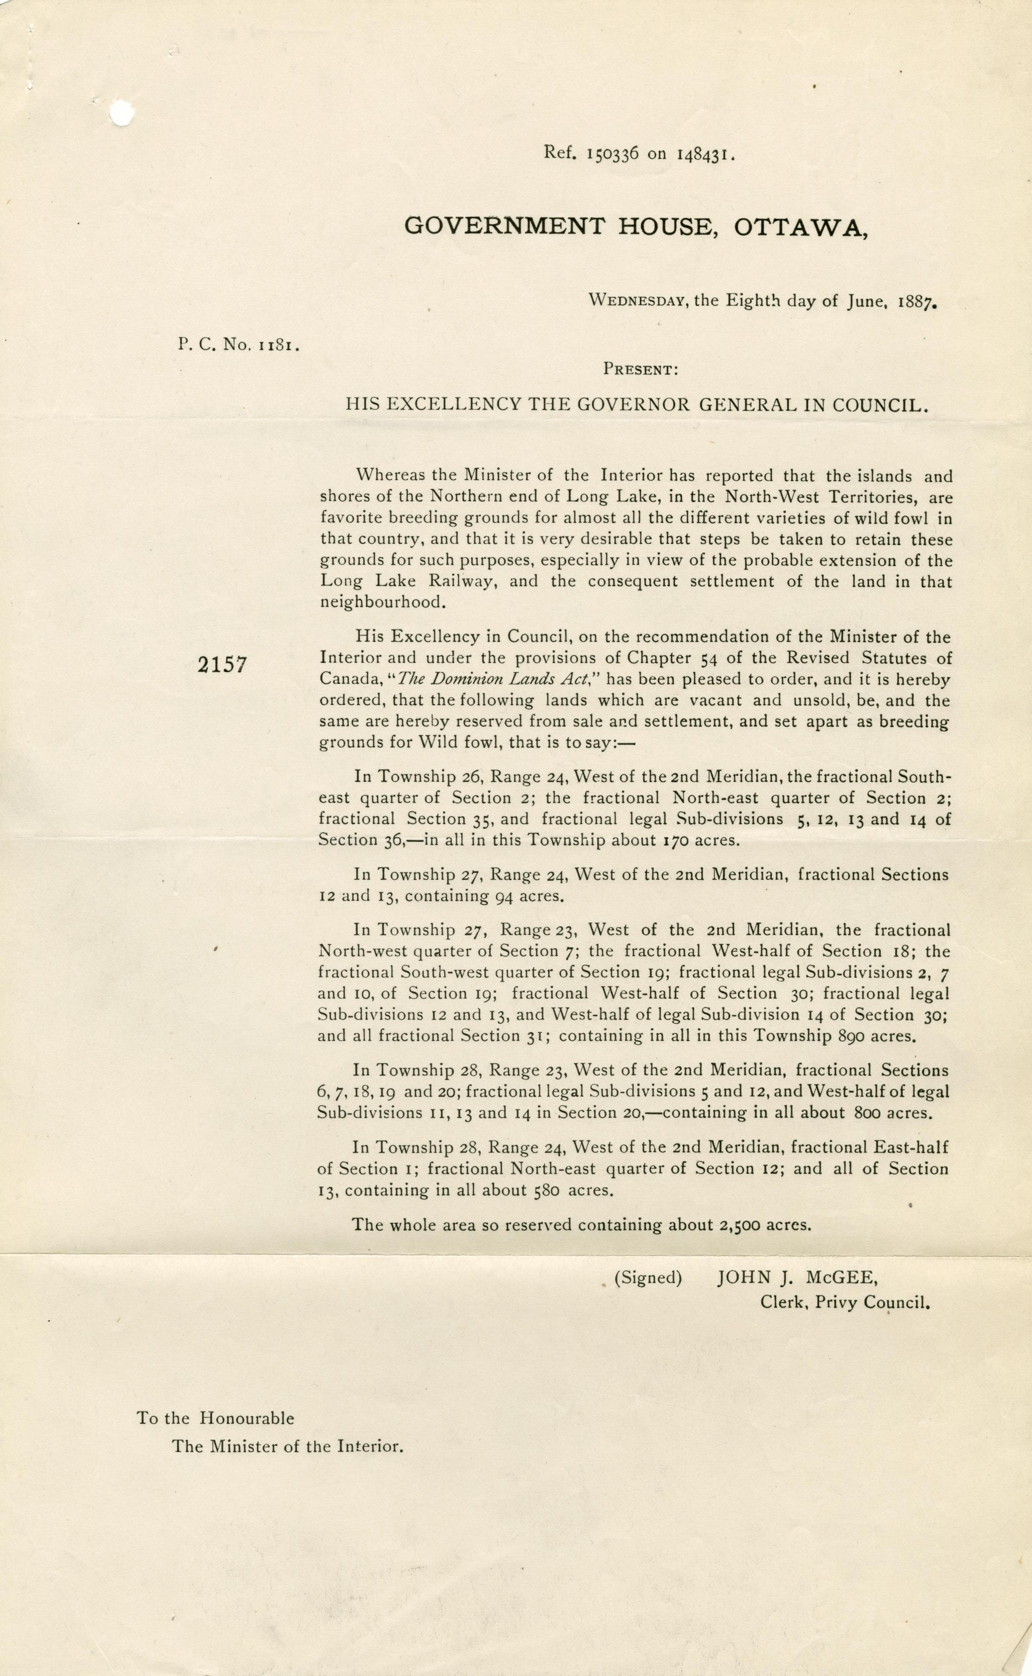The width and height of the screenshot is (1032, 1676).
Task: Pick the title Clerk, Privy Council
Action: coord(845,1302)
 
